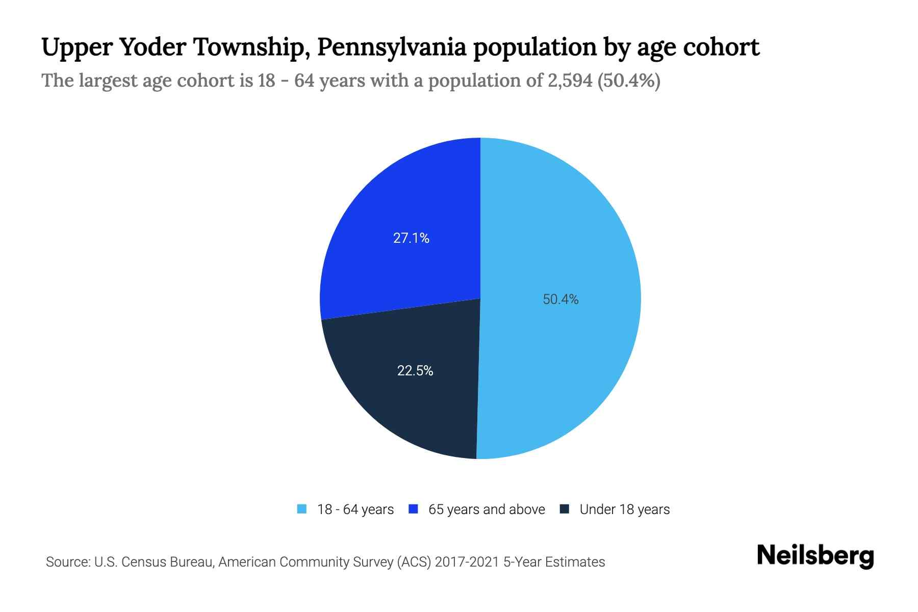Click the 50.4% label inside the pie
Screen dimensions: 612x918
click(x=560, y=299)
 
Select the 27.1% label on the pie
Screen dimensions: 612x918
click(x=411, y=238)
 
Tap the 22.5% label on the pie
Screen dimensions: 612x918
click(x=415, y=371)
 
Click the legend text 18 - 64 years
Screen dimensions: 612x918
click(x=355, y=509)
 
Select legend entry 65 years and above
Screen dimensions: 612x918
click(x=487, y=509)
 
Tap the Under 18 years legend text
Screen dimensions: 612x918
click(x=624, y=509)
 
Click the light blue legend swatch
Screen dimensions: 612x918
click(x=302, y=509)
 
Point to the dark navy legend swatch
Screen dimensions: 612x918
click(x=564, y=509)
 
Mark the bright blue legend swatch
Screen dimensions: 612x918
click(x=413, y=509)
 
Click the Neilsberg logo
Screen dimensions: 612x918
click(x=815, y=556)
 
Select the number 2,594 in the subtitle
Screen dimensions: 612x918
click(x=570, y=81)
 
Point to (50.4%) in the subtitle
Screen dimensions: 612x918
click(x=628, y=81)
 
